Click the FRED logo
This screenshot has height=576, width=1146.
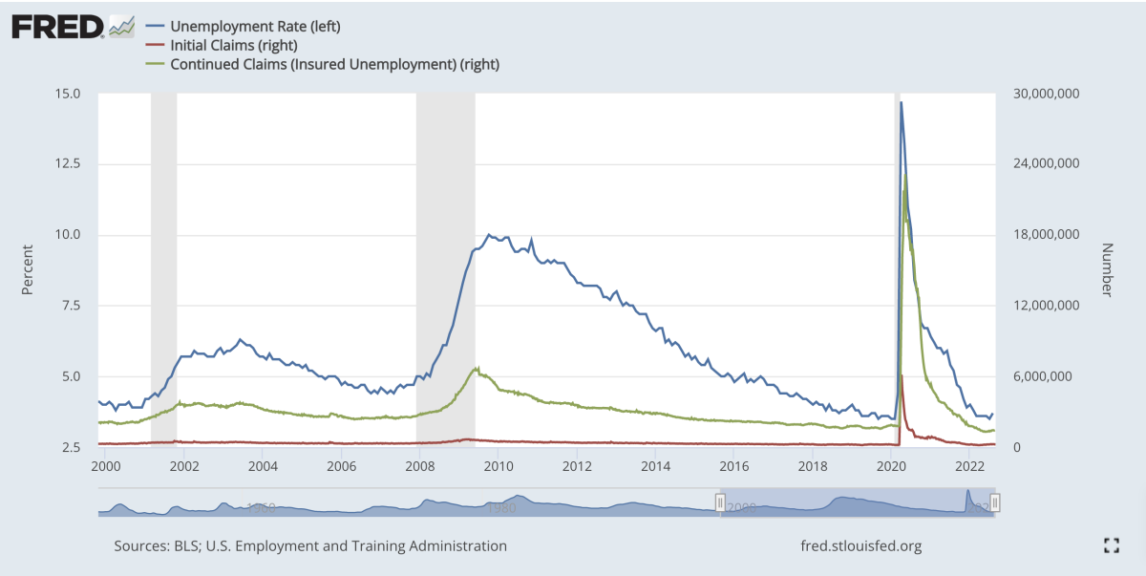(57, 26)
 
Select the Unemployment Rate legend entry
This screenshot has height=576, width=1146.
(255, 26)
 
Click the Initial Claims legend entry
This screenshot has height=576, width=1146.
(233, 45)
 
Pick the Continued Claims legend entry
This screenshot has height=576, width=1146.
(334, 64)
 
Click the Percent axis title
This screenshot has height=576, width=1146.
(28, 270)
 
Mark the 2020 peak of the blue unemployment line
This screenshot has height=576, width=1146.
(901, 102)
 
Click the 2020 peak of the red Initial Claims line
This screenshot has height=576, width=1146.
(902, 375)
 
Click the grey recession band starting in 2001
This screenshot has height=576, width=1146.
(163, 267)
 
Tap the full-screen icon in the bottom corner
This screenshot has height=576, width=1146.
(1111, 545)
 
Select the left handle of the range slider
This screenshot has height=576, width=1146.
(721, 502)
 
